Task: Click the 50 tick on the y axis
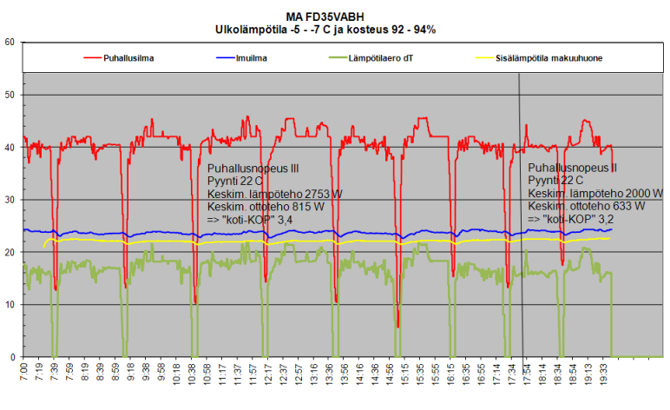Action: point(10,95)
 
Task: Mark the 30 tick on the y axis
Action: point(10,200)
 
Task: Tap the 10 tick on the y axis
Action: point(10,305)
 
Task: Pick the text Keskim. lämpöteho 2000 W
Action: point(594,194)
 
